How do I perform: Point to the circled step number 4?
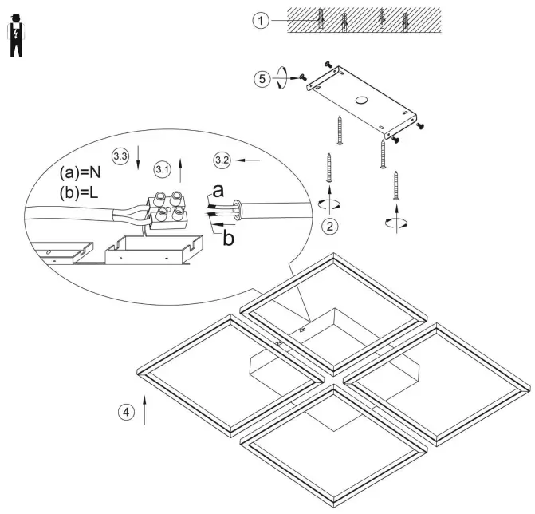coord(124,412)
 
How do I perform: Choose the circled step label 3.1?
coord(162,170)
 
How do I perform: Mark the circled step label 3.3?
coord(120,156)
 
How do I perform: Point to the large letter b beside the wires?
coord(229,237)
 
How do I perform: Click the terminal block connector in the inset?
coord(166,210)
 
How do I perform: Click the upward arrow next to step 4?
coord(145,407)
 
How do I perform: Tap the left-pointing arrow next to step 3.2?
coord(250,160)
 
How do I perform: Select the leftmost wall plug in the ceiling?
coord(319,18)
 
